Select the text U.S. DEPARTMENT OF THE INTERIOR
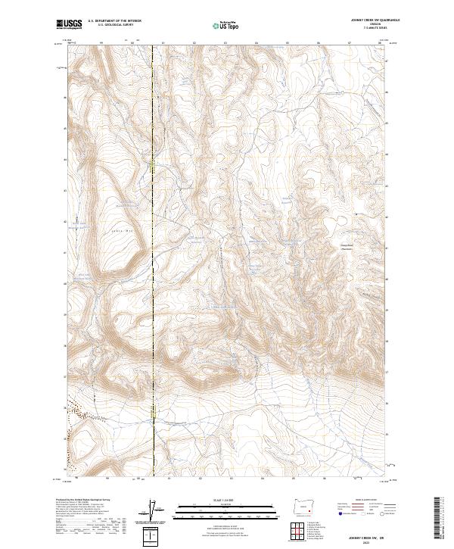coord(114,21)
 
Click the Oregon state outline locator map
coord(305,507)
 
